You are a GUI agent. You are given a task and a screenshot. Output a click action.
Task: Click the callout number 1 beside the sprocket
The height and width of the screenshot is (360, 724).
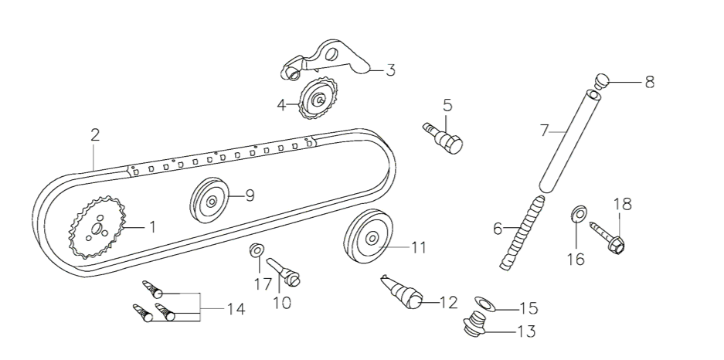[x=152, y=227]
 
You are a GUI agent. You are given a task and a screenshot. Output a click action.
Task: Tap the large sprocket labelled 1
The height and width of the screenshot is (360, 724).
[x=97, y=229]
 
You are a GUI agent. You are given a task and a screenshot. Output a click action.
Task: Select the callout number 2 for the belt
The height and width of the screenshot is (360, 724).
[x=95, y=134]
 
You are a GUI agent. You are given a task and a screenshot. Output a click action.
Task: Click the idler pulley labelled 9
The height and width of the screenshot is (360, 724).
[x=211, y=200]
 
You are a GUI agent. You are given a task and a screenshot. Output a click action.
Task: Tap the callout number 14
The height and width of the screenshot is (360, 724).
[x=235, y=309]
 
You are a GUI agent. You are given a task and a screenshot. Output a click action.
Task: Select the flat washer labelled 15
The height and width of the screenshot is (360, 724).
[x=484, y=304]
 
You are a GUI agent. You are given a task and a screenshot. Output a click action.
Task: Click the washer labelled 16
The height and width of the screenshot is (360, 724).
[x=576, y=212]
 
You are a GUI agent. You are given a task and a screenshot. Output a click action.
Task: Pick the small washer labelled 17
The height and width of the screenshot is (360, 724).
[x=257, y=250]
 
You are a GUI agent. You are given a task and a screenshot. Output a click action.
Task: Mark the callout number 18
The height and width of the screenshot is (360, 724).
[x=622, y=205]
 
